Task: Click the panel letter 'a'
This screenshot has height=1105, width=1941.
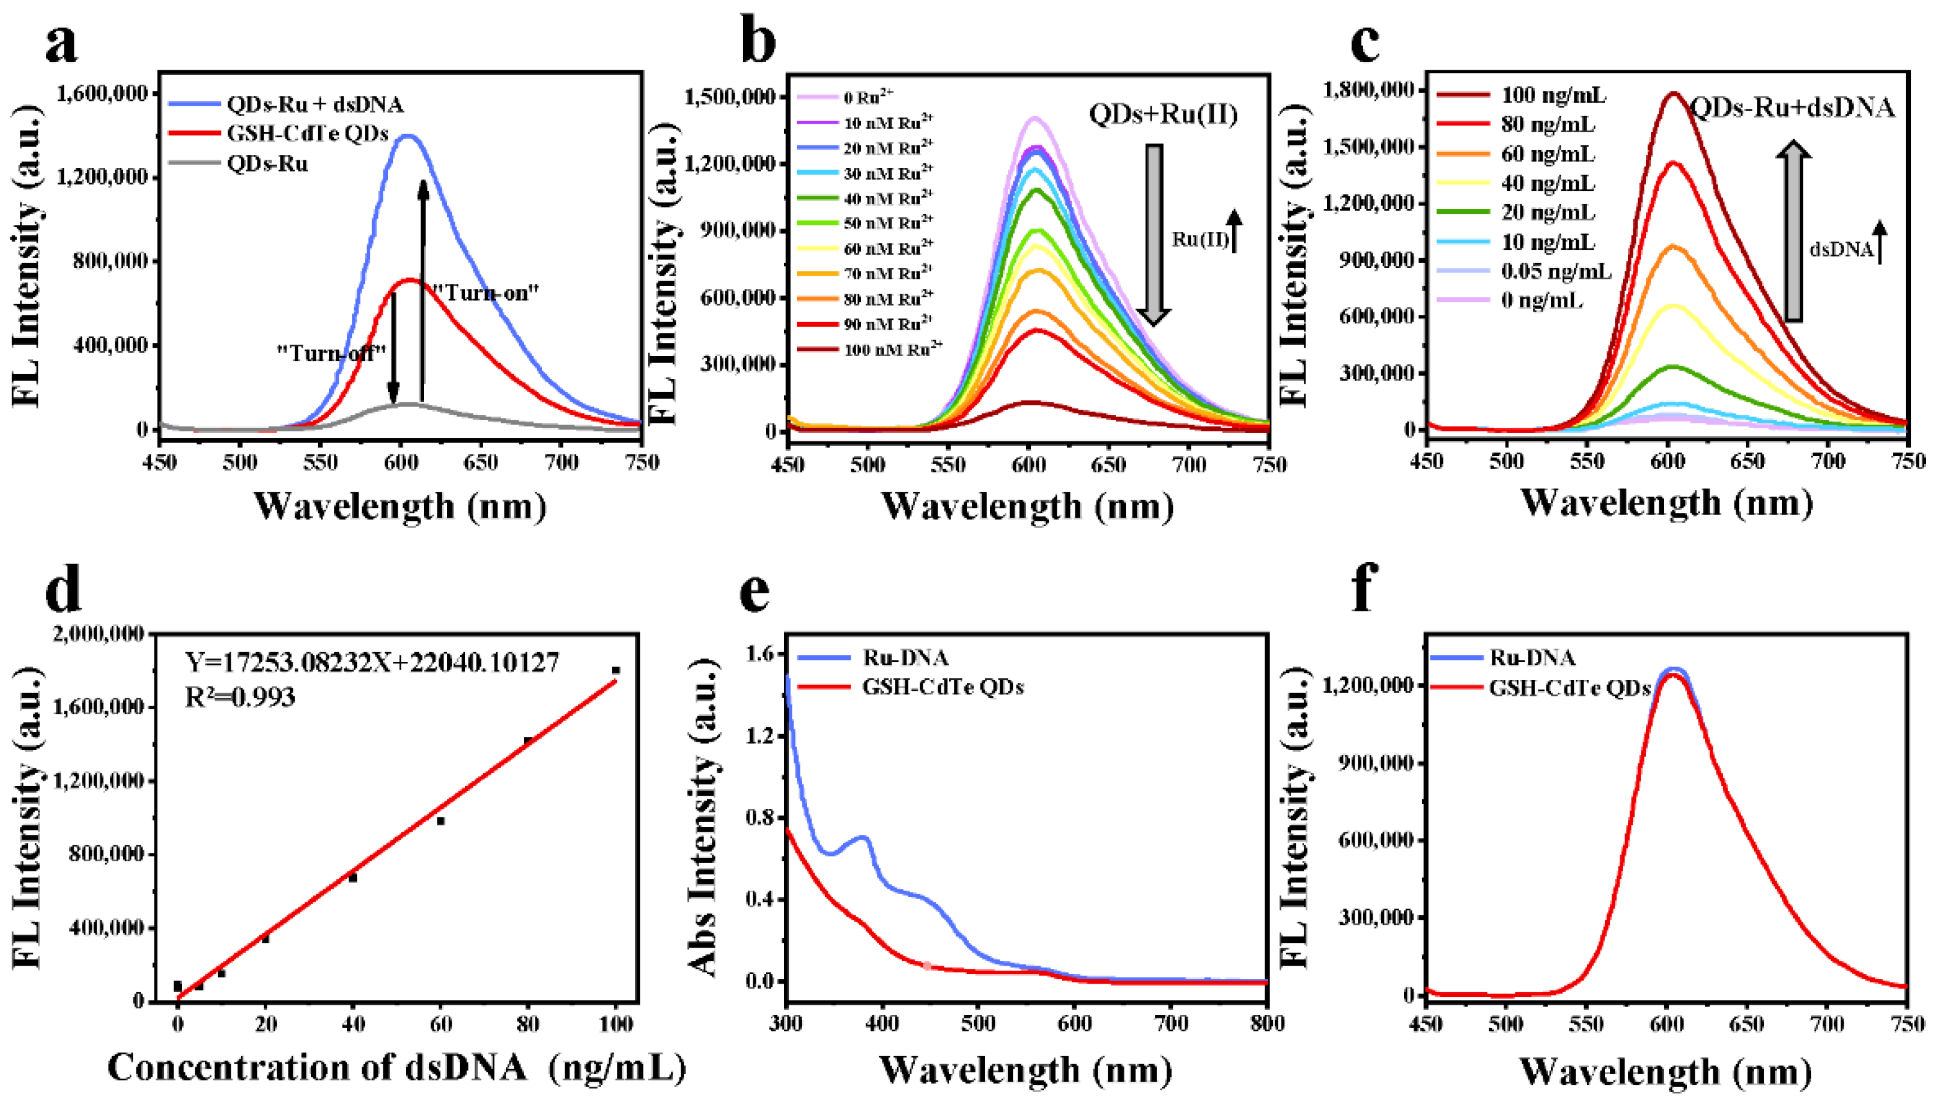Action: coord(61,43)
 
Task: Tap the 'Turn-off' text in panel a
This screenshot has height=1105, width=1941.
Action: coord(332,353)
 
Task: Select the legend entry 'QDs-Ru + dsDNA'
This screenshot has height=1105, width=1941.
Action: coord(315,104)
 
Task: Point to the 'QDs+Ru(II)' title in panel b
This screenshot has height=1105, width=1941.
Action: coord(1163,115)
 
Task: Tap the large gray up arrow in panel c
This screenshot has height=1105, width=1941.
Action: coord(1794,231)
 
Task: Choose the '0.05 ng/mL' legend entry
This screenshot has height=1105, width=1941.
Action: coord(1555,271)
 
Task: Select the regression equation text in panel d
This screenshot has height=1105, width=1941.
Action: coord(372,662)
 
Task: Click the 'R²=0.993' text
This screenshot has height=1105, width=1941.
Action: coord(240,697)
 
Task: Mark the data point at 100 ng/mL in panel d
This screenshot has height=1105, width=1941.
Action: coord(616,670)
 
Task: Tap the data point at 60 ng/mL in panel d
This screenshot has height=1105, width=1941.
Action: coord(440,821)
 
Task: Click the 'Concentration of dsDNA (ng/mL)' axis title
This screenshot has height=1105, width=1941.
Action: coord(396,1068)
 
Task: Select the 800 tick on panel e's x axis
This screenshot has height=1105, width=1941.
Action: coord(1267,1024)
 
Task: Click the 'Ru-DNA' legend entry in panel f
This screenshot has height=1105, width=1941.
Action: coord(1532,657)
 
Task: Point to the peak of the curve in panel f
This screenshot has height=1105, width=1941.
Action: coord(1668,671)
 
